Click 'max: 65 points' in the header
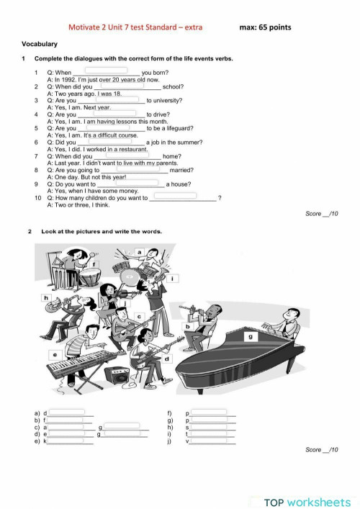266,27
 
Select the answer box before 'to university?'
112,99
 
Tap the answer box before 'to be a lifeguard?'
112,127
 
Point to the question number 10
37,197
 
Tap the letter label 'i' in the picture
174,278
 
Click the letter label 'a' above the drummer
140,252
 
